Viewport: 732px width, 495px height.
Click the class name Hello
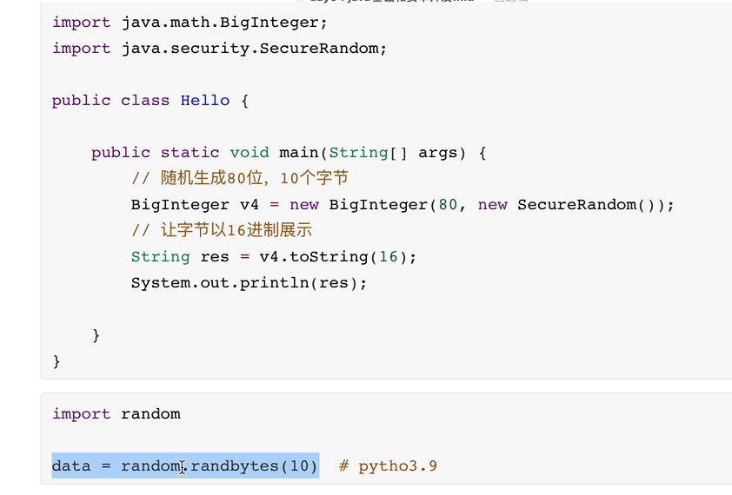point(205,101)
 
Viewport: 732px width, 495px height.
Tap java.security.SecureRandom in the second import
point(250,49)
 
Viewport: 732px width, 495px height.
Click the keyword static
point(190,153)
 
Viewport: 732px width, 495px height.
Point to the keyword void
point(250,153)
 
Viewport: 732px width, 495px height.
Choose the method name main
point(298,153)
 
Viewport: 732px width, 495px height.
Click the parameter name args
point(437,153)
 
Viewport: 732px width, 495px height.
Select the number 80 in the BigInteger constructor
point(448,205)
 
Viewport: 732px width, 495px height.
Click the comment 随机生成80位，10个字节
point(240,179)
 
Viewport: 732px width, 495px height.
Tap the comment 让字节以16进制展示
point(222,231)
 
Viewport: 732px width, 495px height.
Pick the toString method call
point(329,257)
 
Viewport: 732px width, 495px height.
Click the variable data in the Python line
point(71,466)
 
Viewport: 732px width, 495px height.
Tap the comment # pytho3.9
point(388,466)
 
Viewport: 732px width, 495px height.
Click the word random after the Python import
point(150,414)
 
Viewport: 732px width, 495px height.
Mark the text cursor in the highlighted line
point(183,467)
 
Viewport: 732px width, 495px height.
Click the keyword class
point(145,101)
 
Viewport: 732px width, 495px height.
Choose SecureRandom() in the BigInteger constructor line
point(591,205)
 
